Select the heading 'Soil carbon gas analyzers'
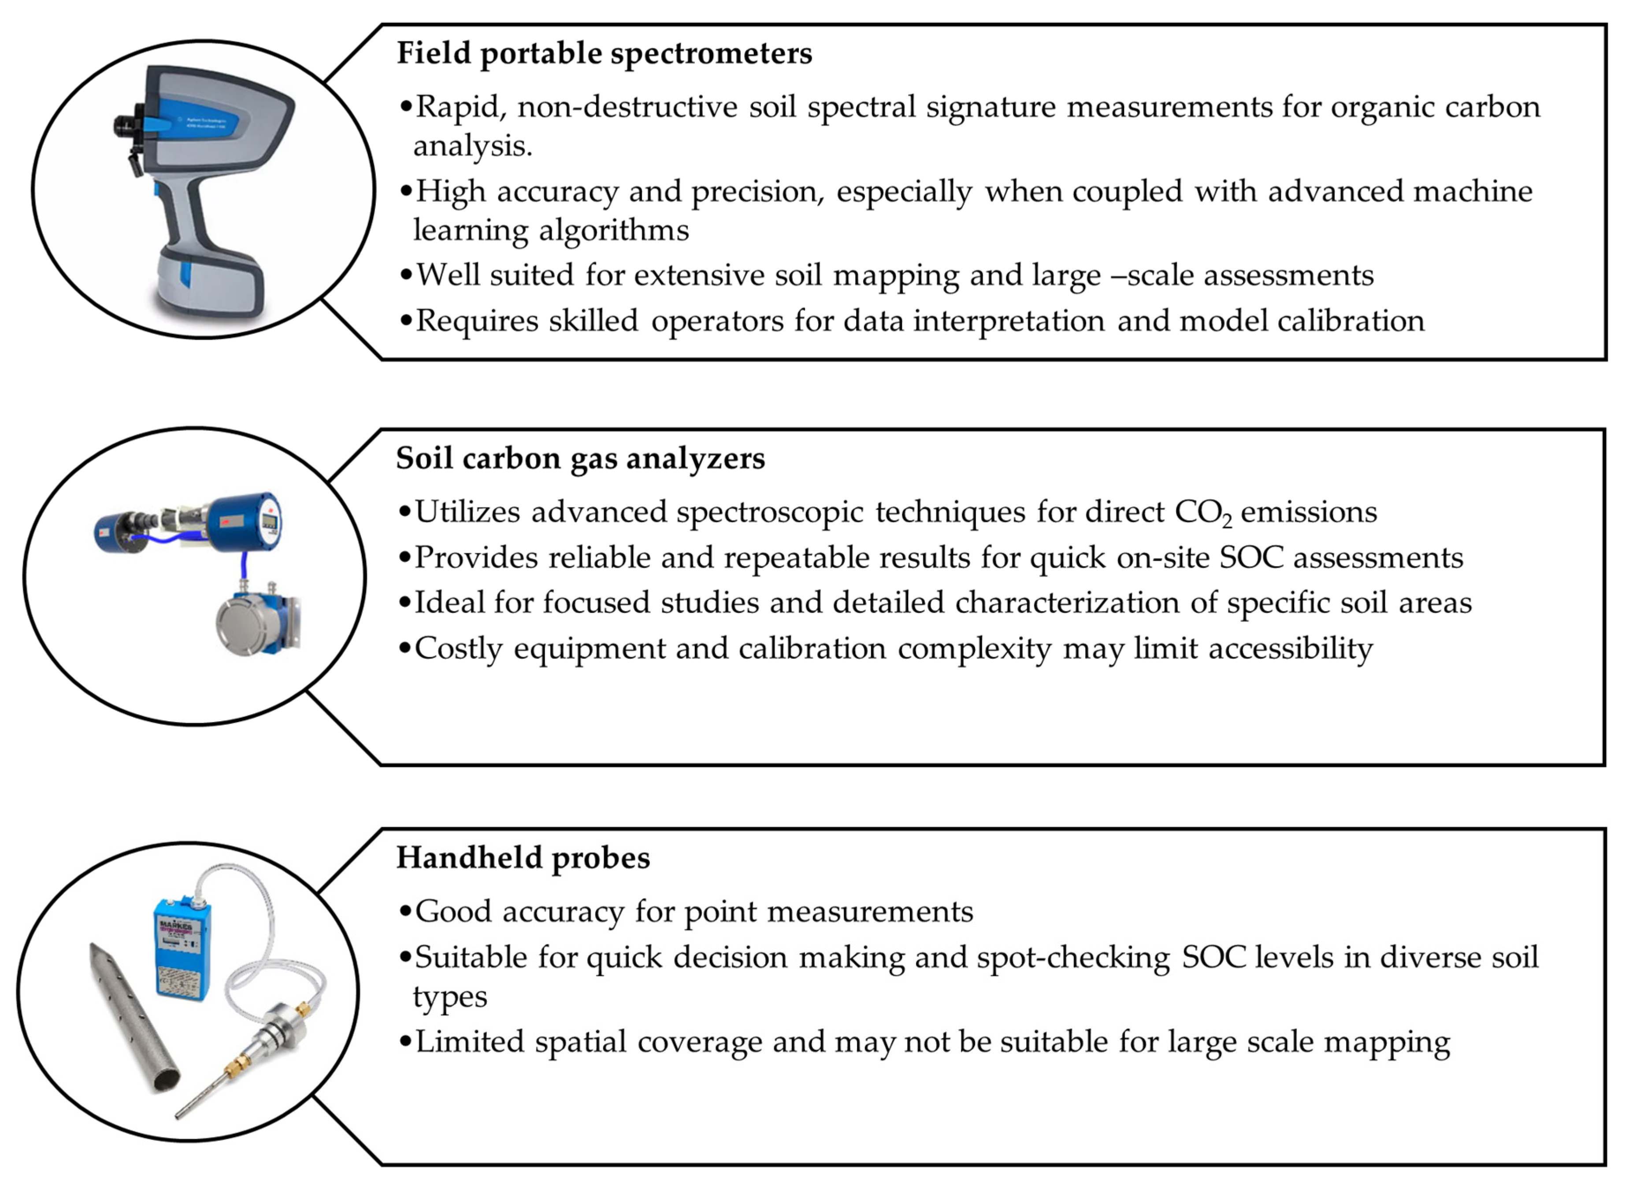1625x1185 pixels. point(580,459)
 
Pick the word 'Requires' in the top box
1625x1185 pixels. point(476,321)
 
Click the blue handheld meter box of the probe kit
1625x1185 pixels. point(182,946)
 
